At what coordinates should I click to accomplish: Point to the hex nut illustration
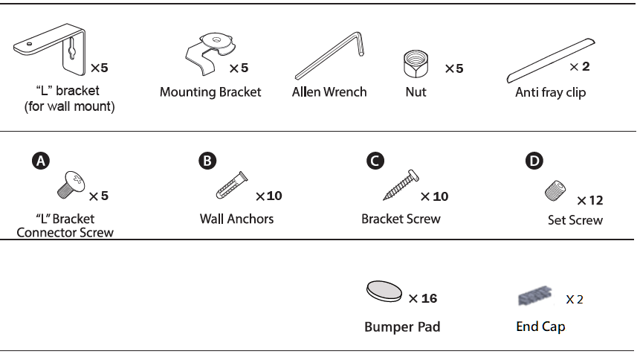point(416,64)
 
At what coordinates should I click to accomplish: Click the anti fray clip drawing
point(551,60)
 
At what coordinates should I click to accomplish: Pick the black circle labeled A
point(41,161)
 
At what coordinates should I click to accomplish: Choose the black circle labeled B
point(207,161)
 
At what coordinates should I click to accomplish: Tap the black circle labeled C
point(375,161)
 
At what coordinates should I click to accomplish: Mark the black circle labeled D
point(534,161)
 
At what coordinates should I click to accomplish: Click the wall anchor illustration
point(231,185)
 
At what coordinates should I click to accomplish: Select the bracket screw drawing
point(401,185)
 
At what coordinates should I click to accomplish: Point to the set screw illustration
point(555,191)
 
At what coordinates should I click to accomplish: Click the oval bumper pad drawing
point(384,292)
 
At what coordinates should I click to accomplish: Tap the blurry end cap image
point(535,296)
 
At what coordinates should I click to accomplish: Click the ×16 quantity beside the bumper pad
point(423,299)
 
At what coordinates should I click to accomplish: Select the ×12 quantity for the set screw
point(589,200)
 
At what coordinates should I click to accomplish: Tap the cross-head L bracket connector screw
point(71,184)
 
